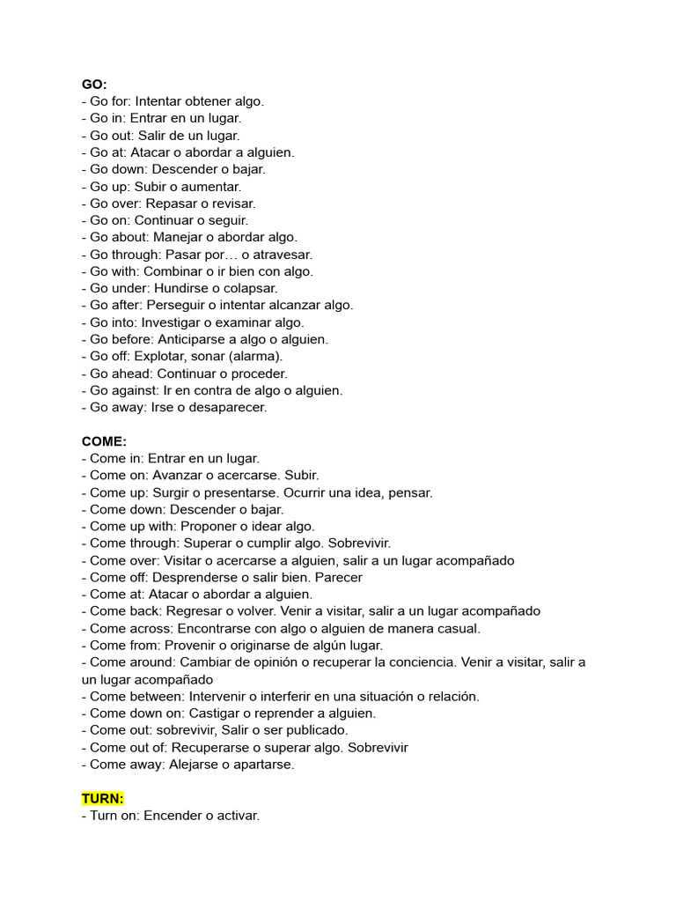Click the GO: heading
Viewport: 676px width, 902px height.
tap(94, 84)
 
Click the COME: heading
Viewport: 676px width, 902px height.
tap(104, 441)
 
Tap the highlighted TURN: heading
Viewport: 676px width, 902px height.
tap(103, 799)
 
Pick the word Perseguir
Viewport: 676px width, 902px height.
tap(177, 305)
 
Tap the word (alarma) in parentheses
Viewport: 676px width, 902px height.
tap(255, 356)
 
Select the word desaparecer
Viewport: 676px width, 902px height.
tap(224, 407)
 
